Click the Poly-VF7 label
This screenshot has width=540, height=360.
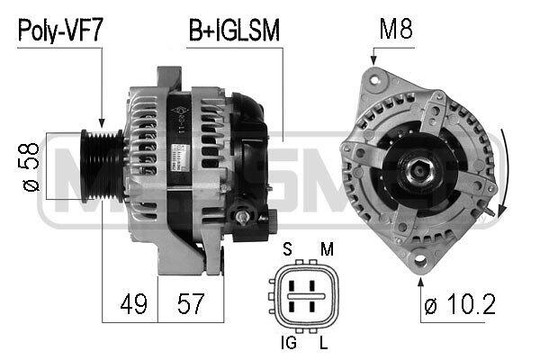click(60, 31)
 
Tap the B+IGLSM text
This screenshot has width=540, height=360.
click(234, 31)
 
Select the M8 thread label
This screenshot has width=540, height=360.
click(396, 29)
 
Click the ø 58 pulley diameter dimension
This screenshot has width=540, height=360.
click(31, 166)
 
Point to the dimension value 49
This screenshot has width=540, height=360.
click(133, 304)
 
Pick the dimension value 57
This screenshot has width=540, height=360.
click(191, 304)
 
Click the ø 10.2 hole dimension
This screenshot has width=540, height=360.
click(460, 304)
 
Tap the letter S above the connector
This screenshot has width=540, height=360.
click(287, 248)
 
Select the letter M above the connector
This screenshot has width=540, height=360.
click(327, 248)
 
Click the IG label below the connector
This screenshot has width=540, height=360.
click(289, 342)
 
